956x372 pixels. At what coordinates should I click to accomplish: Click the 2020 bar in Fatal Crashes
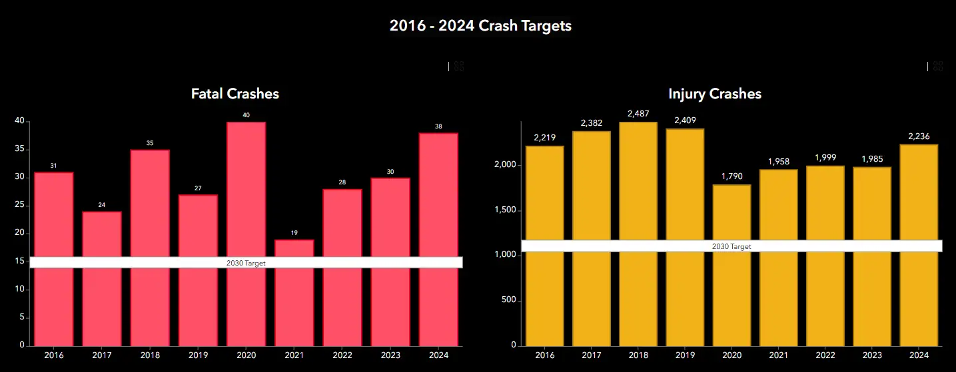[246, 193]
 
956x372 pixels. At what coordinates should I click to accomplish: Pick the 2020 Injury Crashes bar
[731, 299]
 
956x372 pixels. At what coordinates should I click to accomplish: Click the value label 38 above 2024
[438, 126]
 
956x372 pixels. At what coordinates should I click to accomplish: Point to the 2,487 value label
[638, 114]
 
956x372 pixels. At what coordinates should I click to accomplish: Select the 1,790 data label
[731, 176]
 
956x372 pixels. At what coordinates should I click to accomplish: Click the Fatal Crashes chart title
[235, 94]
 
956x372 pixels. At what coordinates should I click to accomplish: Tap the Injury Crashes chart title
[714, 94]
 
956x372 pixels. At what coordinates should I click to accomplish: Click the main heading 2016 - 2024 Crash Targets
[480, 26]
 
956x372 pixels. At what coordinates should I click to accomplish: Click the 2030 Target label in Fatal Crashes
[246, 263]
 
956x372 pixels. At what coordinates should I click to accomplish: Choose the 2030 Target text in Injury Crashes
[731, 246]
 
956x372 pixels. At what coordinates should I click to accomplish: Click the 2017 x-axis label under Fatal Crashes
[102, 355]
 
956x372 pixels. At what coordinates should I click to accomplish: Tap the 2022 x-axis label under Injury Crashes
[825, 355]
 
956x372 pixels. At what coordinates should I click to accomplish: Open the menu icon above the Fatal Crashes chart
[459, 66]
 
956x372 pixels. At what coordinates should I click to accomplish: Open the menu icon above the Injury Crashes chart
[938, 66]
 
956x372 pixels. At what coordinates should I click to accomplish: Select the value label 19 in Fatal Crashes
[294, 233]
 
